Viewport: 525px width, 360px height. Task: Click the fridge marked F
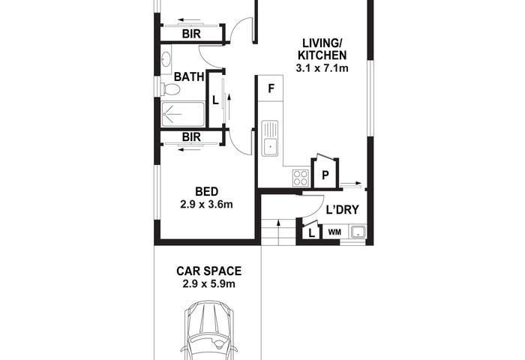[x=271, y=88]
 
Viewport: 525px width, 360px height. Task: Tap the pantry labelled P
[x=325, y=174]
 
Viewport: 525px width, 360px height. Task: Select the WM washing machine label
[x=334, y=232]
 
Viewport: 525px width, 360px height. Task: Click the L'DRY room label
[x=342, y=210]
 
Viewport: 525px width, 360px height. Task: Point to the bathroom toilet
[x=170, y=89]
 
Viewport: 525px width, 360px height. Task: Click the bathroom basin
[x=166, y=60]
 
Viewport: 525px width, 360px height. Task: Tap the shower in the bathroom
[x=183, y=114]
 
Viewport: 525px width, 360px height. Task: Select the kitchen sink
[x=269, y=138]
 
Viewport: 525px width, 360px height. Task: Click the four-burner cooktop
[x=300, y=178]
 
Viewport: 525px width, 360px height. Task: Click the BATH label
[x=189, y=76]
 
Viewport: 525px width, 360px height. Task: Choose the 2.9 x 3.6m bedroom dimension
[x=206, y=204]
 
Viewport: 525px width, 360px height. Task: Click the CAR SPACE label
[x=209, y=271]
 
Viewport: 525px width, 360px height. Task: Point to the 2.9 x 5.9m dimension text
[x=209, y=284]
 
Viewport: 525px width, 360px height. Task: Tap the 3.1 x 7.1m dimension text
[x=322, y=68]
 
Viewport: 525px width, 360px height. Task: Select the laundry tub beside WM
[x=358, y=232]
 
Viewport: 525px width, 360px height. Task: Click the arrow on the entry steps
[x=278, y=232]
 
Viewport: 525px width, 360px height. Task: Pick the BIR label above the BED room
[x=191, y=137]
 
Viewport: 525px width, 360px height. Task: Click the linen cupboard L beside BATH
[x=216, y=100]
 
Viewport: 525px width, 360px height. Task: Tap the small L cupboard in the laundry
[x=311, y=232]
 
